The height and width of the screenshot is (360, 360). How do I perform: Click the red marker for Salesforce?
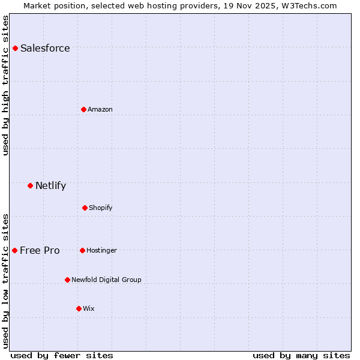[15, 48]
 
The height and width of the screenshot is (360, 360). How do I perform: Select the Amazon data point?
[83, 109]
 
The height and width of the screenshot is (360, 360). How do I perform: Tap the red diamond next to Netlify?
[30, 185]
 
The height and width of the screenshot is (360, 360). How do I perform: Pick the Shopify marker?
[85, 208]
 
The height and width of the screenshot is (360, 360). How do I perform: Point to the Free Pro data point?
[14, 250]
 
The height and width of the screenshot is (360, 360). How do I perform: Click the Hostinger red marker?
[82, 250]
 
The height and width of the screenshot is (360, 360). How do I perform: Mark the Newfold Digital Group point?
[67, 280]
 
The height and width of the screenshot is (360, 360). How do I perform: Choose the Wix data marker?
[79, 308]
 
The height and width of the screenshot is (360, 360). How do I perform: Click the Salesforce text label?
[45, 49]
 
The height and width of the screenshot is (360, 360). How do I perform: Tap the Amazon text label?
[100, 109]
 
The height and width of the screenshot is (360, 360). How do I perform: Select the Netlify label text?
[50, 186]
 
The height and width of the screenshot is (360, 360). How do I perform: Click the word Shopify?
[101, 208]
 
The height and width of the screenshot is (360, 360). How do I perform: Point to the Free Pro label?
[40, 251]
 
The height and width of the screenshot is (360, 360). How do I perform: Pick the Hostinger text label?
[101, 250]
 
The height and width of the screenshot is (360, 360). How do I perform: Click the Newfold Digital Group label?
[106, 280]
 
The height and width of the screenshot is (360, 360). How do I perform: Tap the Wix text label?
[89, 308]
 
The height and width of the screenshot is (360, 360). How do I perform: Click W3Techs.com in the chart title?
[308, 5]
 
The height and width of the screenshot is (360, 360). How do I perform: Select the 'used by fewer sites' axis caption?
[62, 355]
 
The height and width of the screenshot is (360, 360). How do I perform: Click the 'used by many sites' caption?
[301, 355]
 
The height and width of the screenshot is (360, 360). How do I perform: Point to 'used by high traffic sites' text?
[5, 85]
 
